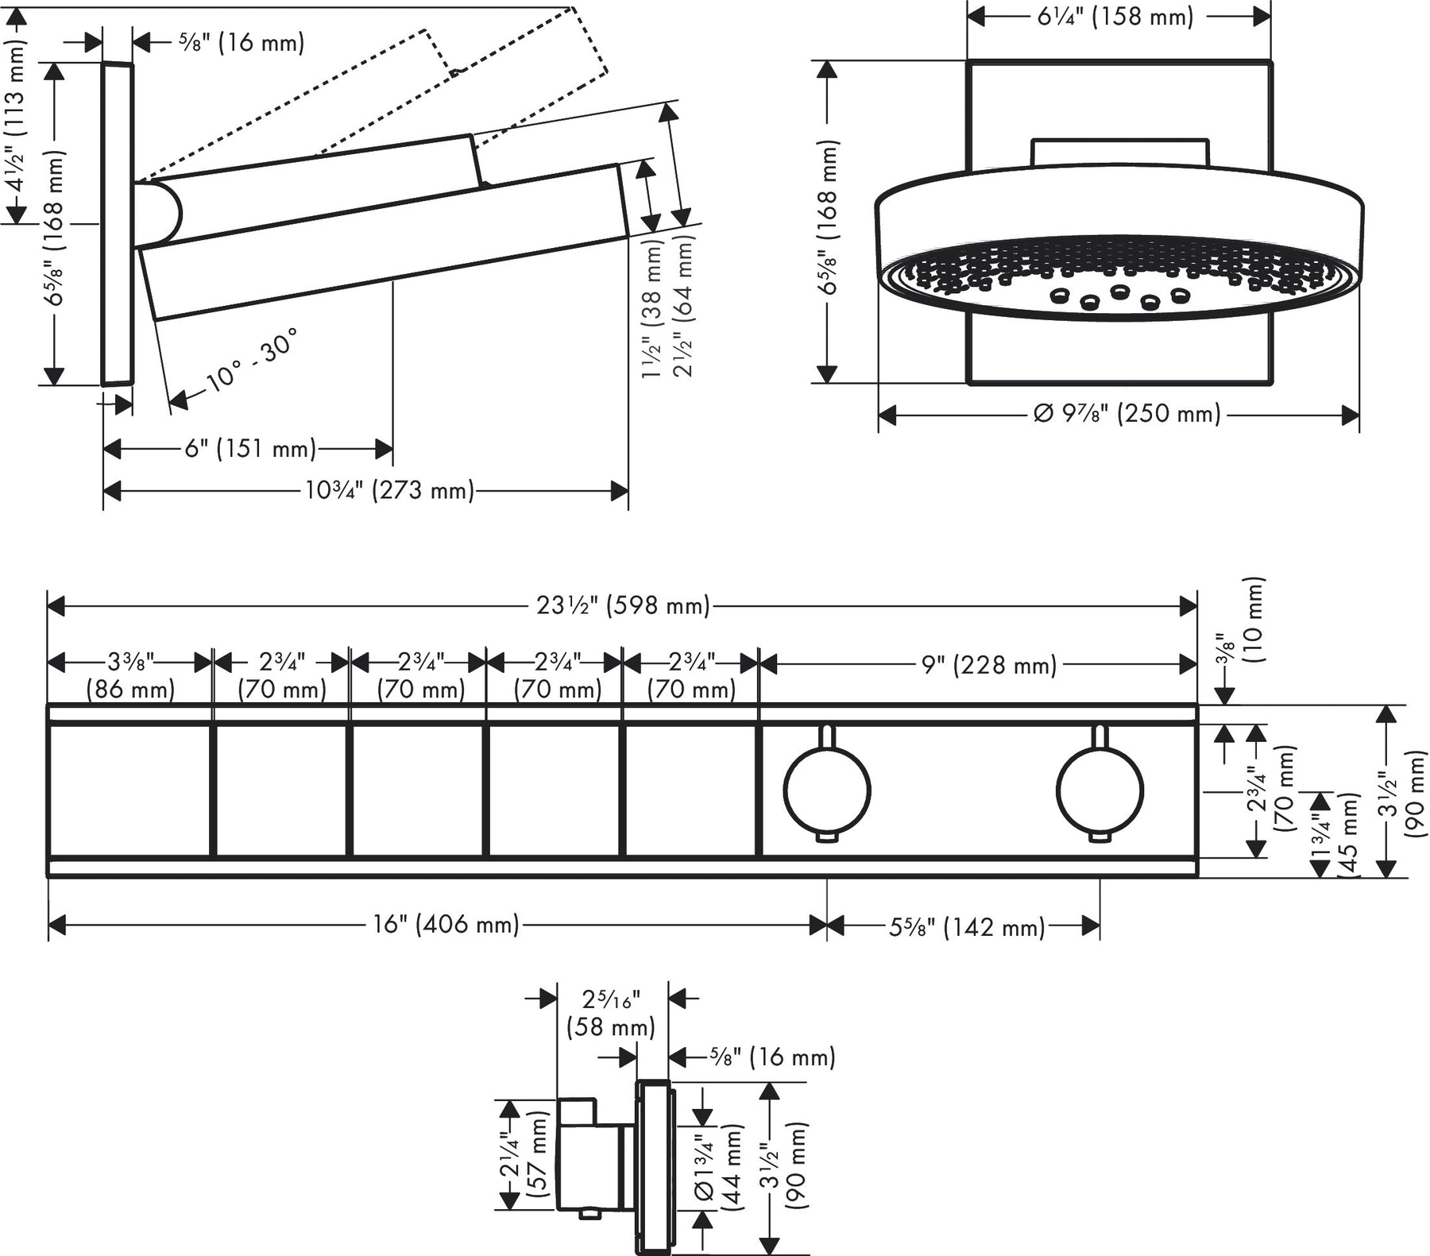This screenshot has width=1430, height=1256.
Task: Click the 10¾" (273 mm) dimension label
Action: pyautogui.click(x=389, y=491)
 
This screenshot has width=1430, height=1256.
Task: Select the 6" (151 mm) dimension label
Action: pyautogui.click(x=250, y=449)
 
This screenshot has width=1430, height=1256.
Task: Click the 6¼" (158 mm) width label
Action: pyautogui.click(x=1115, y=17)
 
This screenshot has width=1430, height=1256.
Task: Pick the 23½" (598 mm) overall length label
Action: pyautogui.click(x=623, y=606)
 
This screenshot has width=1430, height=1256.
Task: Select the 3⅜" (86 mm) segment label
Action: pyautogui.click(x=130, y=674)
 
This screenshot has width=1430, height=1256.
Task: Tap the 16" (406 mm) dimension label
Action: pyautogui.click(x=446, y=925)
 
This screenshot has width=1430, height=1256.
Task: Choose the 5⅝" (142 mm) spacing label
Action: pyautogui.click(x=966, y=926)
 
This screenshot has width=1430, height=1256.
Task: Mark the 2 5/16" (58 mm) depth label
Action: pyautogui.click(x=611, y=1012)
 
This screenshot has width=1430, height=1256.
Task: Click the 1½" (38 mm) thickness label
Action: pyautogui.click(x=651, y=310)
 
